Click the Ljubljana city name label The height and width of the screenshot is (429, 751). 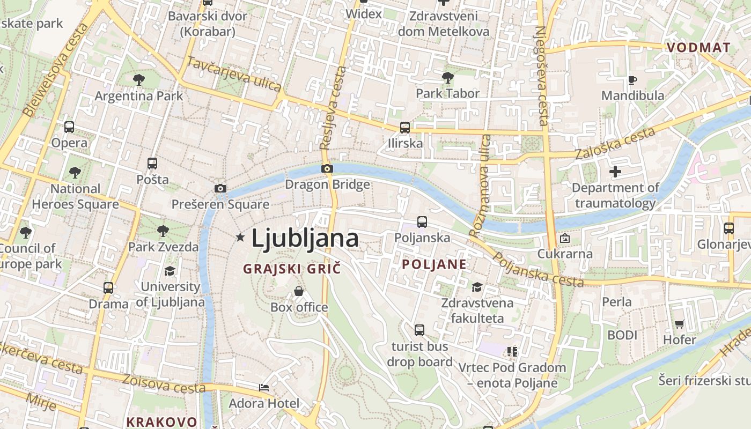coord(305,238)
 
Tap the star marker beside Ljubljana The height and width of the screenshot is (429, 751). coord(240,237)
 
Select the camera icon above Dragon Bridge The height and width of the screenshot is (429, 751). coord(327,168)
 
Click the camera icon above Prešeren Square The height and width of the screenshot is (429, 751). coord(220,188)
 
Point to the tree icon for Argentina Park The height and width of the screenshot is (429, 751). coord(139,80)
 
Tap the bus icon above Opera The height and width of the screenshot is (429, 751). coord(69,127)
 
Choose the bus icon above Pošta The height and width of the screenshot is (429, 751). coord(152,163)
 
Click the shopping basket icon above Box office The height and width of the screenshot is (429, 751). coord(299,291)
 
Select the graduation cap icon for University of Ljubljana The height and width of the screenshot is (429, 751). coord(170,271)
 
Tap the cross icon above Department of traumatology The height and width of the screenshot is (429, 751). coord(615,172)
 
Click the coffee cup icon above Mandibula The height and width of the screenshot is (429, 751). coord(632,80)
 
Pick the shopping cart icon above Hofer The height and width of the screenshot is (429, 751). coord(679,324)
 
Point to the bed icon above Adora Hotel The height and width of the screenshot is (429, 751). coord(264,387)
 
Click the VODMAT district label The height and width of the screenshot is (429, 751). coord(698,48)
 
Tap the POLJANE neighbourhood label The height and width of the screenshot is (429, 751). coord(434,264)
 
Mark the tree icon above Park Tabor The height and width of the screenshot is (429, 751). coord(447,78)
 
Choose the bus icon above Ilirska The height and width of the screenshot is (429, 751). coord(405,128)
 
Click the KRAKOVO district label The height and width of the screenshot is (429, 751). coord(161,421)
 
